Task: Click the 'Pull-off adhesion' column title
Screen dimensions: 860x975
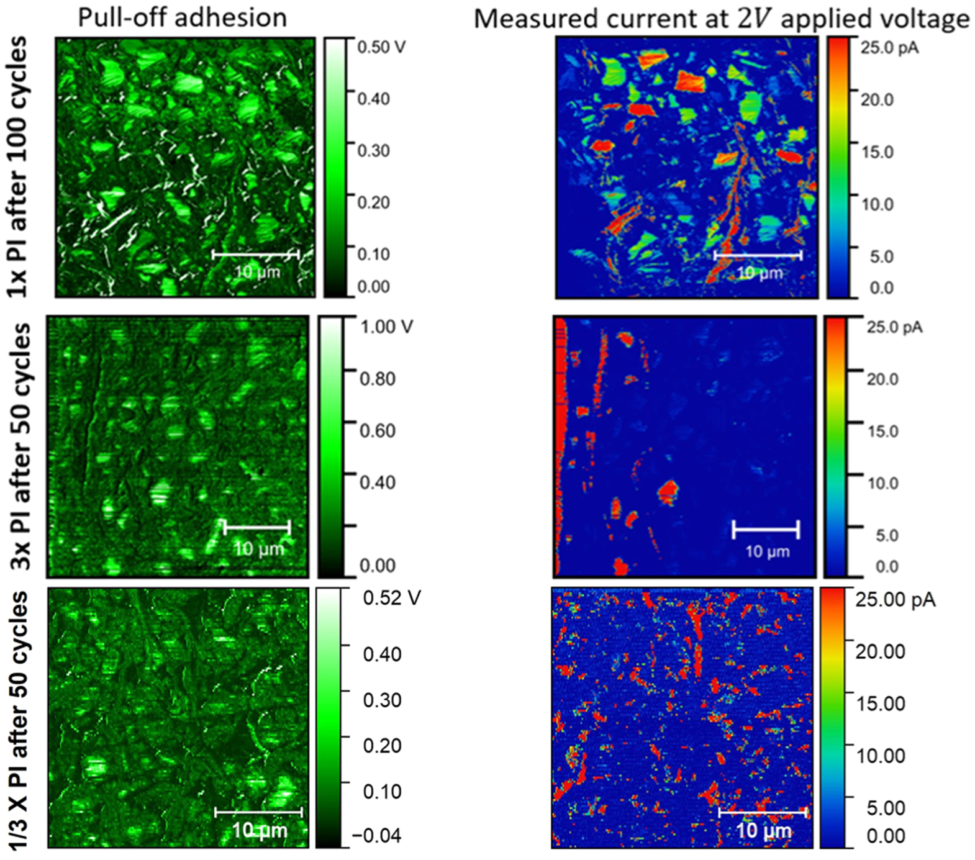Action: [182, 17]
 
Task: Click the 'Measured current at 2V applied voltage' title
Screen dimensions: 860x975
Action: [721, 19]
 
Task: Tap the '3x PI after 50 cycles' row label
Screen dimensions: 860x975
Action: [21, 446]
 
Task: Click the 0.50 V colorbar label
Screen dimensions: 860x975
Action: [381, 47]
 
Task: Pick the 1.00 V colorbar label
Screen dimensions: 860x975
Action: [386, 327]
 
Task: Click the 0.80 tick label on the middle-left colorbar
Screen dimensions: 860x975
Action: [378, 378]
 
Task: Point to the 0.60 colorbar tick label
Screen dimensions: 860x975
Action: [378, 430]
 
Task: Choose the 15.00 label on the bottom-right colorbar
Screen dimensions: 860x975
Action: [881, 703]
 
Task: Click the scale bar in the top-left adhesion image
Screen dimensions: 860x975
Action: [255, 254]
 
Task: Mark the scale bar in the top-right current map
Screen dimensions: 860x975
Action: [758, 255]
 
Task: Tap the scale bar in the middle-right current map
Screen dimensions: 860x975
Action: [766, 530]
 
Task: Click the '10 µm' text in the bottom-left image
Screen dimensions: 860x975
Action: [260, 830]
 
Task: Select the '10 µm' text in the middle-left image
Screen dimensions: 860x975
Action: [258, 549]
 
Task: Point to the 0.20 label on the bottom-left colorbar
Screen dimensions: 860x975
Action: [383, 745]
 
